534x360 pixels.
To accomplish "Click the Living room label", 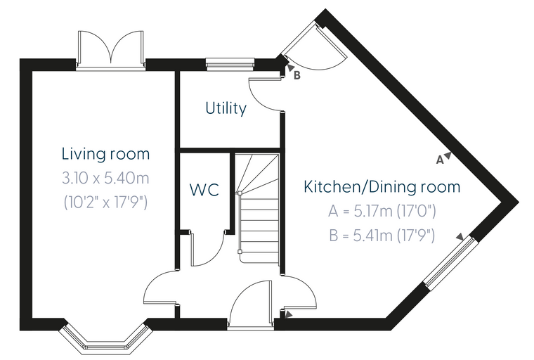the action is coord(105,154).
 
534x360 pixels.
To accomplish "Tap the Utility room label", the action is coord(226,108).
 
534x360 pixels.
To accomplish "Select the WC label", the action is coord(204,190).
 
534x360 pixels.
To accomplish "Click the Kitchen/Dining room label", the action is coord(382,187).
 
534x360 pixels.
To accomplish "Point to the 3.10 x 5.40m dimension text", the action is coord(105,178).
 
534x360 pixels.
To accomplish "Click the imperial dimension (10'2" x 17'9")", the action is coord(105,202).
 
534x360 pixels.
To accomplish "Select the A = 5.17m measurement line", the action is coord(382,212).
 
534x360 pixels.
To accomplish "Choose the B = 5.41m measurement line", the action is coord(382,236).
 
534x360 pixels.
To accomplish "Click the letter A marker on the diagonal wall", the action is coord(440,160).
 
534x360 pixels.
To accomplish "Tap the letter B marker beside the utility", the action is coord(297,75).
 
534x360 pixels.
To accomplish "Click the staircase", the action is coord(258,208).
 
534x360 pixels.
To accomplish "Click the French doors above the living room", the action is coord(111,50).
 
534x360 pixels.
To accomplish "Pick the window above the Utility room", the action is coord(230,65).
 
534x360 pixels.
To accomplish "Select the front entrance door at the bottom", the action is coord(251,304).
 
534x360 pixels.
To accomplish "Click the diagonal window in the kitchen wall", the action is coord(449,263).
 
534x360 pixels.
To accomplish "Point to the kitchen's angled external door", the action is coord(313,46).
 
